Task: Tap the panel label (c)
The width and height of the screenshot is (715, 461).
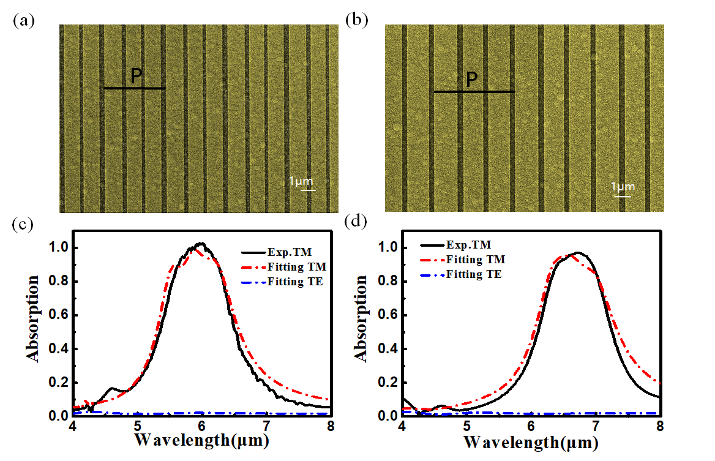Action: point(23,224)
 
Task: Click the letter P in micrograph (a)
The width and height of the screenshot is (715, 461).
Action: point(137,76)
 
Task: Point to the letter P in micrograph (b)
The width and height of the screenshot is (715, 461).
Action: point(471,80)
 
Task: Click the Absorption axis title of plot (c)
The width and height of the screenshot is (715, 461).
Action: point(33,318)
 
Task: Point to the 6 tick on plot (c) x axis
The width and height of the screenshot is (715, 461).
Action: point(201,427)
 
